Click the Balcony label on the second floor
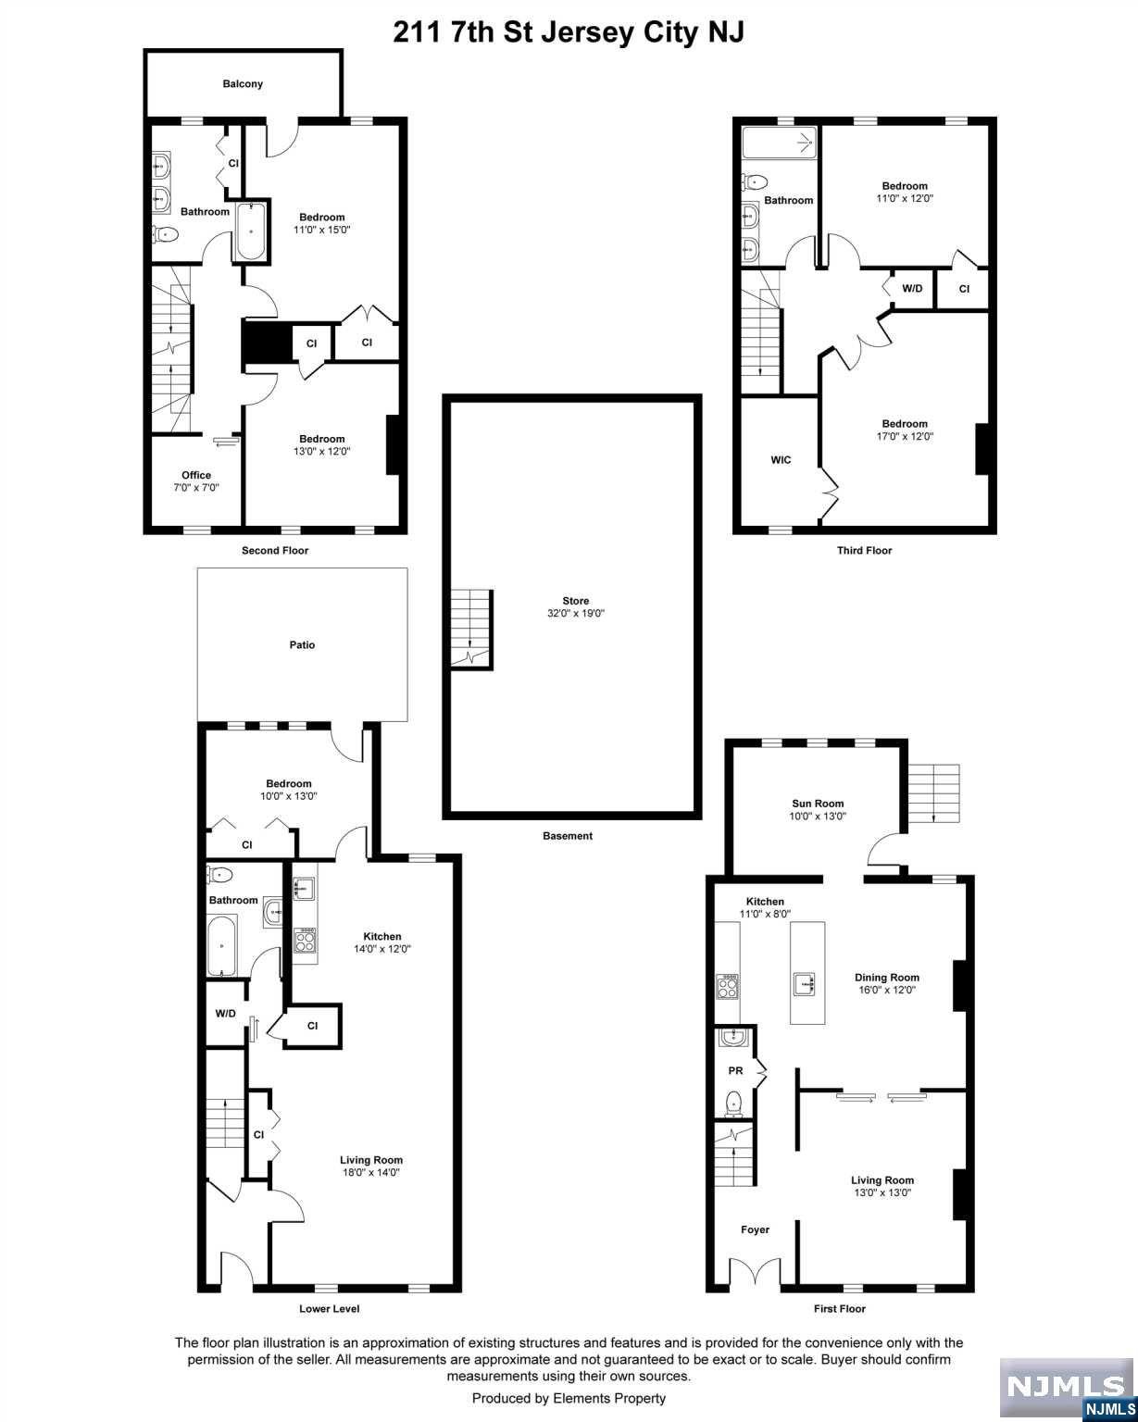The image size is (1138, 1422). click(243, 84)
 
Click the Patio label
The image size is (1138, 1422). click(302, 645)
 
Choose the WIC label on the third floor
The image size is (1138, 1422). click(781, 460)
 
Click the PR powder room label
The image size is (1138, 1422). click(735, 1070)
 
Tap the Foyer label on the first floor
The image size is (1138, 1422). click(755, 1229)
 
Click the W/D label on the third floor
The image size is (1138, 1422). click(912, 289)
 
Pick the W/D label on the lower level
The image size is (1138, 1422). click(226, 1014)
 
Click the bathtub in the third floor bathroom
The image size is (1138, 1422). click(779, 143)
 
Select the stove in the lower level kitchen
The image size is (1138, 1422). click(305, 941)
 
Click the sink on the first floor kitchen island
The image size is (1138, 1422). click(804, 984)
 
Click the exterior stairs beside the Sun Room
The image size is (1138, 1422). click(933, 792)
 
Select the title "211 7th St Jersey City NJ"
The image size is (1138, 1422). click(569, 31)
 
